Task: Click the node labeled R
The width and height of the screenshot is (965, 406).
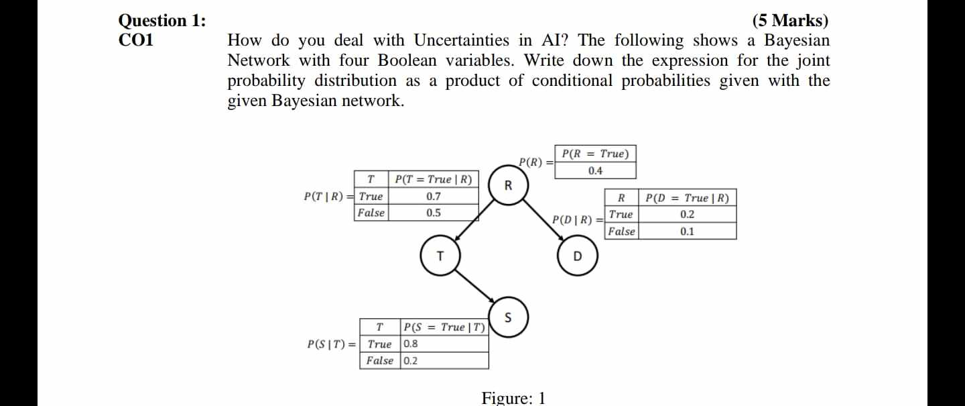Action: pos(507,186)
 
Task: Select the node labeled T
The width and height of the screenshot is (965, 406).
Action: pos(440,256)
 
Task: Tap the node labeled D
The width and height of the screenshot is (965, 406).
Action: pos(578,256)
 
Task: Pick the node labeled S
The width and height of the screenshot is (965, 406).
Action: pos(508,317)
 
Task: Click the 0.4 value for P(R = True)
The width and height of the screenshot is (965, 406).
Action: pos(595,171)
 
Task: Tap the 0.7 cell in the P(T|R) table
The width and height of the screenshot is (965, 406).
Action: pos(434,197)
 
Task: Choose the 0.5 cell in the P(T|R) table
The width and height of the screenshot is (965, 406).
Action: pos(434,213)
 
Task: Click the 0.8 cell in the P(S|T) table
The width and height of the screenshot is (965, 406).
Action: pos(411,344)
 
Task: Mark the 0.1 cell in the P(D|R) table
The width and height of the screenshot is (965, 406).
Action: pos(687,232)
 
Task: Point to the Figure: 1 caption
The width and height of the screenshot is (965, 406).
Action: pos(513,398)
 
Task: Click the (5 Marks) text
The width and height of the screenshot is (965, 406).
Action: pos(790,21)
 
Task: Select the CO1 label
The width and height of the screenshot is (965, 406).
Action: pos(136,40)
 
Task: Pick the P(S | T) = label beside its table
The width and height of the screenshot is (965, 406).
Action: pos(332,344)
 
